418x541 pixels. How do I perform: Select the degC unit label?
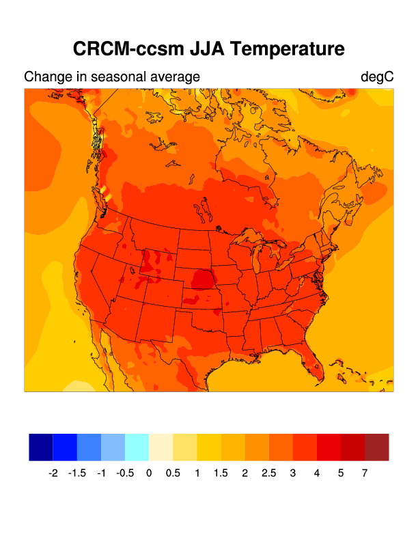point(377,77)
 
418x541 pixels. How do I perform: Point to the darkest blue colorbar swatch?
point(41,447)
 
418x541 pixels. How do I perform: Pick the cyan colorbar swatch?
point(137,447)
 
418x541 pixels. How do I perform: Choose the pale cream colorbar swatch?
point(161,447)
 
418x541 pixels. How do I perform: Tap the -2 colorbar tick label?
point(53,473)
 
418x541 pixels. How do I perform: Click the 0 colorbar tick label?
point(149,473)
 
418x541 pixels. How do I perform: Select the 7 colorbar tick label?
point(365,473)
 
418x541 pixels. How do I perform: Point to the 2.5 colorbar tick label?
point(269,473)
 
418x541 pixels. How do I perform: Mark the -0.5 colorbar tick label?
point(125,473)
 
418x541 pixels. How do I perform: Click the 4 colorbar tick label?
point(317,473)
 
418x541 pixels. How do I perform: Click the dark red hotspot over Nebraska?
point(202,279)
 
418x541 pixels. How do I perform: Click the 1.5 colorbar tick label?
point(221,473)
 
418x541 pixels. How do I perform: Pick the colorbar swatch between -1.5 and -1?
point(89,447)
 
